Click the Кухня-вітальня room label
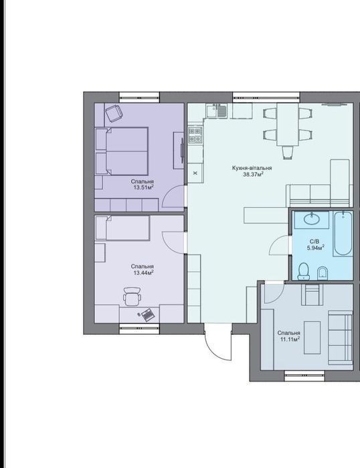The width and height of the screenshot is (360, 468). tap(252, 168)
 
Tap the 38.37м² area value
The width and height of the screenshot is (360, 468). tap(253, 175)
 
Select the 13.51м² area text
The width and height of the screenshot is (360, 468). tap(143, 187)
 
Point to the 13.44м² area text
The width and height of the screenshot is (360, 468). tap(143, 272)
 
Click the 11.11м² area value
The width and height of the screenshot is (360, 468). tap(290, 339)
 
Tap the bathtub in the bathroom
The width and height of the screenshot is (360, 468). tap(343, 234)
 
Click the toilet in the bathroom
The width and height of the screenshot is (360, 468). tap(304, 271)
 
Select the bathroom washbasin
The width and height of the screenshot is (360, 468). tap(312, 219)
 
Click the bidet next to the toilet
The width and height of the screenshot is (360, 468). tap(323, 272)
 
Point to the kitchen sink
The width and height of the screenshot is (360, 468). tap(217, 110)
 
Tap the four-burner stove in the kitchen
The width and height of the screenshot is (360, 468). tap(195, 135)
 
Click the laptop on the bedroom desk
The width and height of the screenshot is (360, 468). tap(147, 315)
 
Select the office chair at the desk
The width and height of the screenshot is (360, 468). tap(132, 297)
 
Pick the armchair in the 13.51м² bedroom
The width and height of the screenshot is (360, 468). tap(114, 113)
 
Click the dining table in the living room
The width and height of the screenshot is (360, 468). tap(288, 124)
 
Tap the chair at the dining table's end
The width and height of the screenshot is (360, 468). tap(288, 152)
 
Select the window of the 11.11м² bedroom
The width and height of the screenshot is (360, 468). tap(304, 376)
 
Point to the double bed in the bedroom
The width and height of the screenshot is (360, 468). tap(122, 151)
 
